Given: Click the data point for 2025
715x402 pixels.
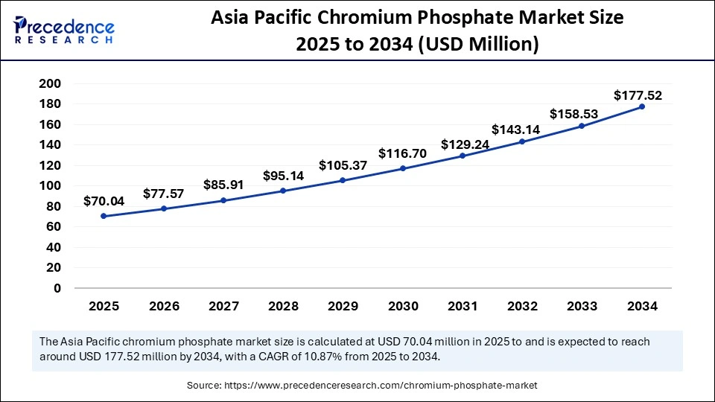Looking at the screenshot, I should (104, 216).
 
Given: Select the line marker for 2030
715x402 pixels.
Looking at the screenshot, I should (403, 168).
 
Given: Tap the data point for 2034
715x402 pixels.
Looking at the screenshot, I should (642, 106).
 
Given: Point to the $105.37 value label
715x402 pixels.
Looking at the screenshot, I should (343, 165).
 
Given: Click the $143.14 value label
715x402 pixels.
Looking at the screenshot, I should (515, 128).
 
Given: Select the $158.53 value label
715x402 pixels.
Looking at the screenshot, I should (574, 114).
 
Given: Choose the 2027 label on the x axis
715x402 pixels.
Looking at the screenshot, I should (223, 306).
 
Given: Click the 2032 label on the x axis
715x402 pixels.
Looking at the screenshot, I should (522, 306).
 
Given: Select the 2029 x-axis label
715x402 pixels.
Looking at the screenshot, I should (343, 306).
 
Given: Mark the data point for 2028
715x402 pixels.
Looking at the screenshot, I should (283, 191).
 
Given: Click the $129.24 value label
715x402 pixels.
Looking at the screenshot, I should (465, 144).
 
